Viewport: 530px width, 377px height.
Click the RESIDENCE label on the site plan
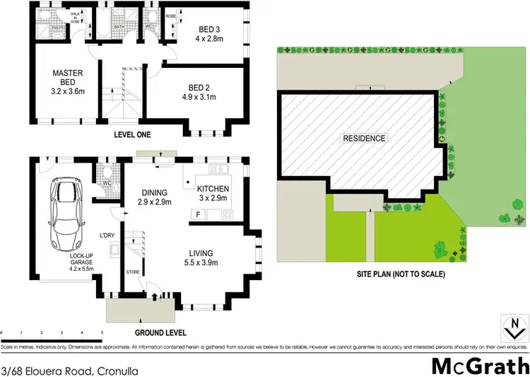pos(365,138)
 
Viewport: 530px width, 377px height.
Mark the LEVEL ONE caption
pos(133,135)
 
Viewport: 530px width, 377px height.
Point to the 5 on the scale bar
pos(102,331)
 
